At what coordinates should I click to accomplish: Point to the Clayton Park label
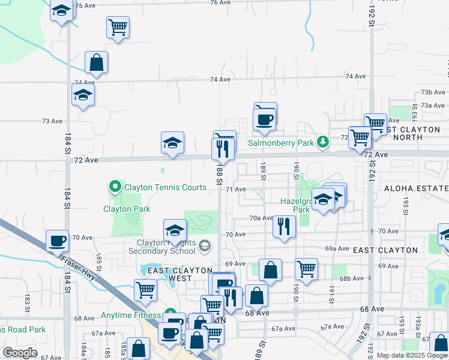[x=126, y=209]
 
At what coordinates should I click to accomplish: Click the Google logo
[x=20, y=352]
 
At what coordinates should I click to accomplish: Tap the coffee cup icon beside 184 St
[x=58, y=241]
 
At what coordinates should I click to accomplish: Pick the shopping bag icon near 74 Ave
[x=96, y=62]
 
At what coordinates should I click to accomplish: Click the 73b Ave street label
[x=432, y=92]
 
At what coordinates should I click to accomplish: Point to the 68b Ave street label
[x=352, y=278]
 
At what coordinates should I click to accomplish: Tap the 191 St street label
[x=331, y=290]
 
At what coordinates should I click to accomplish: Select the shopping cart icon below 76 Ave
[x=118, y=26]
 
